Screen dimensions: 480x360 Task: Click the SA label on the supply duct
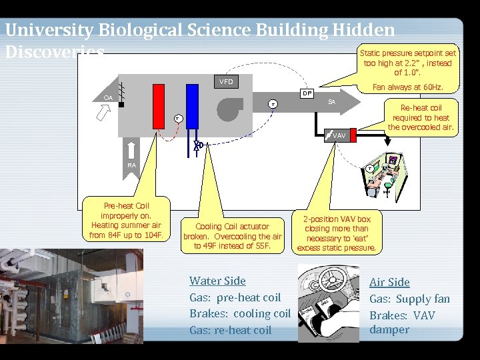331,102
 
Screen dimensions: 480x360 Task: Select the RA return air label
132,164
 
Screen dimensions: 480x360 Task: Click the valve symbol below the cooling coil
198,145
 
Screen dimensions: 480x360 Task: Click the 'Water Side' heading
217,281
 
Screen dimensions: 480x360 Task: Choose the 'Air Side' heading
389,282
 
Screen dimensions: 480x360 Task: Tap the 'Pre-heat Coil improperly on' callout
126,220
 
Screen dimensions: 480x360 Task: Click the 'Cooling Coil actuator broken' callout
233,236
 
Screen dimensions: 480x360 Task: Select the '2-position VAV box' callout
337,233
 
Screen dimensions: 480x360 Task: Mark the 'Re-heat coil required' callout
421,117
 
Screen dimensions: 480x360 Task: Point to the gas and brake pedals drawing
328,303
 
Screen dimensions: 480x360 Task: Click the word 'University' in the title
49,30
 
